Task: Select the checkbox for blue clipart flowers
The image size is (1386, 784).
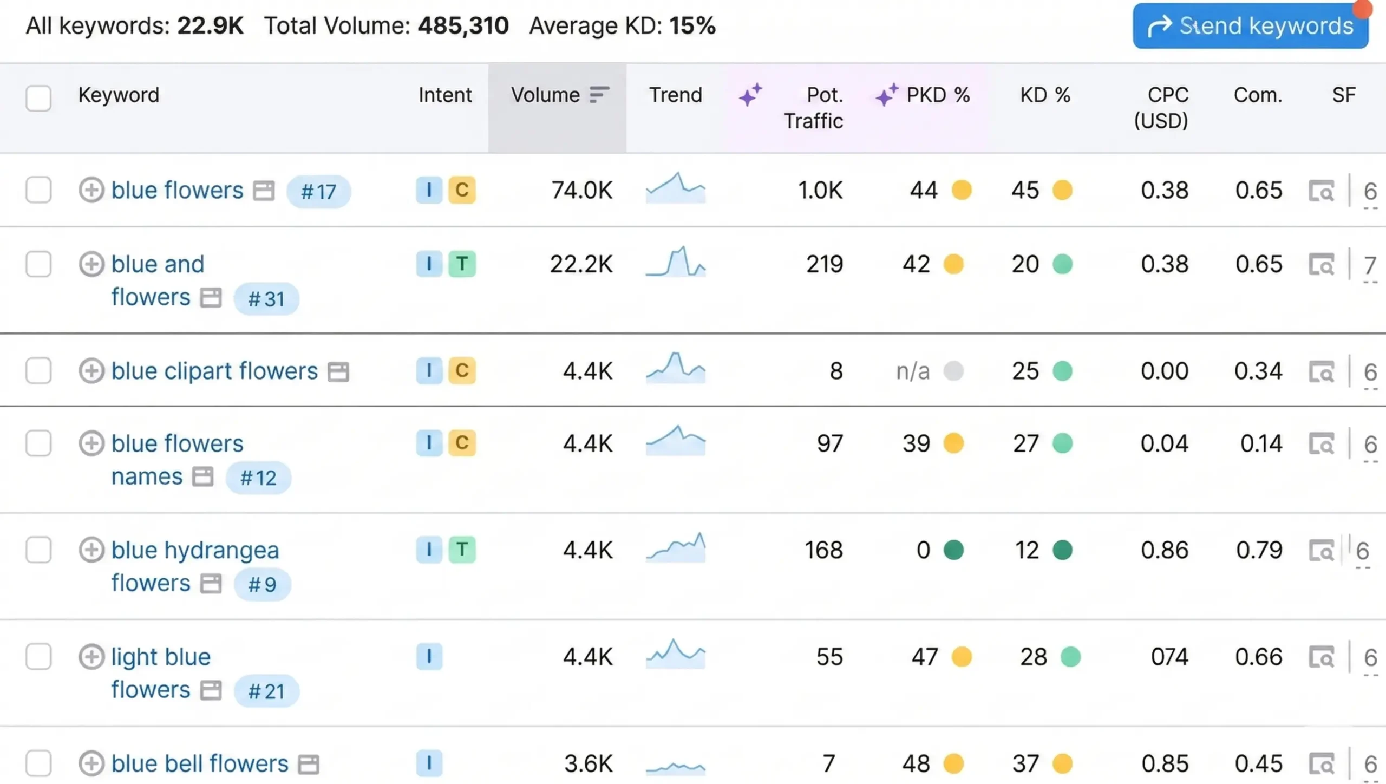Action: coord(38,371)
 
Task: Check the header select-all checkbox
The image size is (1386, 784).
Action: coord(38,98)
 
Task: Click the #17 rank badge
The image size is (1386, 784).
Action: coord(318,191)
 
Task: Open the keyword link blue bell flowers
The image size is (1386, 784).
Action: coord(200,763)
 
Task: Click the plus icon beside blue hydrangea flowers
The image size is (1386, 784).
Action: coord(91,550)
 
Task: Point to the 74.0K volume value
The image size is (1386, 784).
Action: coord(581,190)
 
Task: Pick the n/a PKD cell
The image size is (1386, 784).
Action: coord(913,371)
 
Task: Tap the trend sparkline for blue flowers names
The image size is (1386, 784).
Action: coord(676,441)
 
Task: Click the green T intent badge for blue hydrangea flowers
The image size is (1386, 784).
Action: coord(462,550)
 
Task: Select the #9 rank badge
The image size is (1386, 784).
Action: coord(262,584)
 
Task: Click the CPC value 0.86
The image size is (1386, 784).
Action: coord(1164,550)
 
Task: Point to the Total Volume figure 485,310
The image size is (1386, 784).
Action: coord(463,25)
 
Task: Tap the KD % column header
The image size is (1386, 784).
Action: coord(1045,95)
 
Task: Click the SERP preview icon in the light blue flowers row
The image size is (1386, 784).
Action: coord(1322,657)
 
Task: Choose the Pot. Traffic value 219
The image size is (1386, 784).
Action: coord(824,264)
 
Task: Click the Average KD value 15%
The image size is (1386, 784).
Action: coord(692,25)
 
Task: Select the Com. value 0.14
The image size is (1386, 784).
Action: coord(1261,443)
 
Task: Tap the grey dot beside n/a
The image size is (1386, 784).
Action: coord(953,371)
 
